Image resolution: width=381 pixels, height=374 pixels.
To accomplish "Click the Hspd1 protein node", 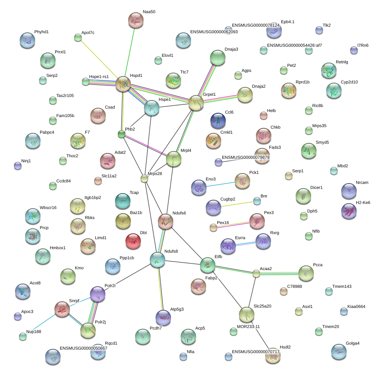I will [x=123, y=84].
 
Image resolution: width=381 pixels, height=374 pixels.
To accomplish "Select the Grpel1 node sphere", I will [x=196, y=103].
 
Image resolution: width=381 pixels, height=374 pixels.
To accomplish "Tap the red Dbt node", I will [x=133, y=241].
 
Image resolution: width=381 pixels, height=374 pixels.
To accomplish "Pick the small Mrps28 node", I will [x=144, y=178].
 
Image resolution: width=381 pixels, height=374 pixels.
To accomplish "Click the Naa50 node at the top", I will [x=136, y=20].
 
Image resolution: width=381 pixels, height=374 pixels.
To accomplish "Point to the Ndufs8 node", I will [x=157, y=260].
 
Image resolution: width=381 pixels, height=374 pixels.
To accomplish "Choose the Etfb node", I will [x=208, y=265].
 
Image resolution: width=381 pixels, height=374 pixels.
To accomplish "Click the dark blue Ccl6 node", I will [x=218, y=121].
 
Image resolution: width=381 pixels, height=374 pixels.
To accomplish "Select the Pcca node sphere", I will [x=306, y=273].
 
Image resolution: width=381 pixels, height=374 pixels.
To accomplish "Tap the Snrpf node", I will [x=62, y=309].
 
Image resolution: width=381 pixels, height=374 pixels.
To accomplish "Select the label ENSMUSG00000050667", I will [x=83, y=348].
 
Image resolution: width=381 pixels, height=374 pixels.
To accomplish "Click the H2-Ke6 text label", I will [x=363, y=202].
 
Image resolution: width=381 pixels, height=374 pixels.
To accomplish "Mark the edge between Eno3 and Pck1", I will [x=221, y=184].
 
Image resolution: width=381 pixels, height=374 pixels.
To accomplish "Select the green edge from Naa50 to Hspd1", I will [x=130, y=50].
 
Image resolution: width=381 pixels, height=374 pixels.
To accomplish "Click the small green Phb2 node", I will [x=122, y=134].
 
